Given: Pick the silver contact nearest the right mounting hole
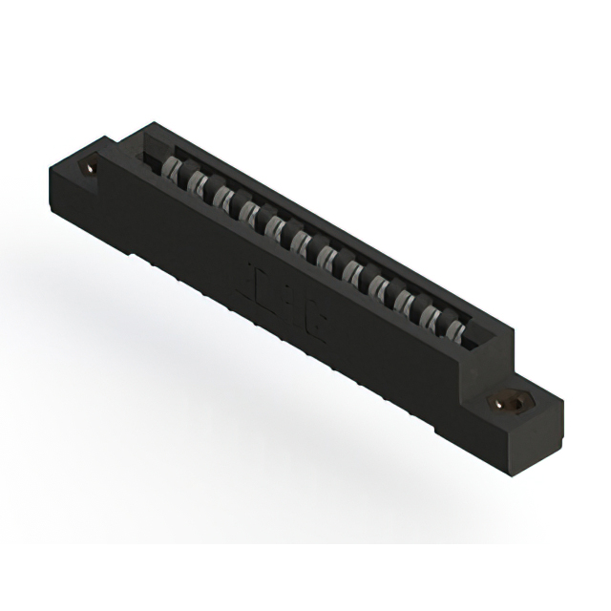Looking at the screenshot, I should [x=456, y=333].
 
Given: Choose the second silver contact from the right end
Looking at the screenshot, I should [x=432, y=319].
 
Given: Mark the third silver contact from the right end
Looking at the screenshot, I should [x=406, y=304].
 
